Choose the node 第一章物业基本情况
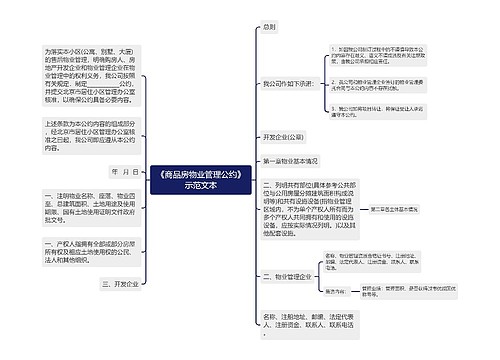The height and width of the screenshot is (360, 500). click(x=290, y=159)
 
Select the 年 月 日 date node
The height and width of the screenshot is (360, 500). click(x=124, y=171)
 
